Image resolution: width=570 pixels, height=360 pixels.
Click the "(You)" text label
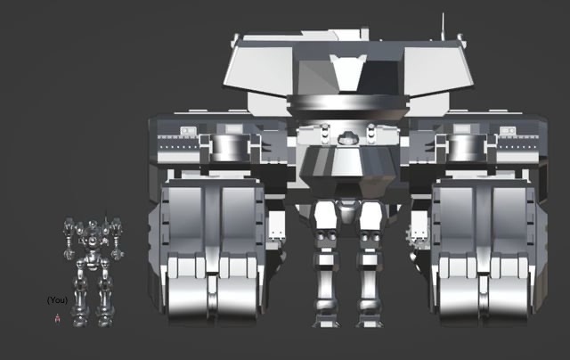point(57,300)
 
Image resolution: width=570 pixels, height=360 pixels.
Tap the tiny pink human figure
point(57,318)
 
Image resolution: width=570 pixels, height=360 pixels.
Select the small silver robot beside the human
point(94,271)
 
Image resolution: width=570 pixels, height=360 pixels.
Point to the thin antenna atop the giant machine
point(443,27)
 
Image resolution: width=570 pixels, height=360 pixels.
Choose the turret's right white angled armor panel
point(438,70)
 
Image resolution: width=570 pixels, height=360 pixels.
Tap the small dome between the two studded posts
point(348,138)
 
